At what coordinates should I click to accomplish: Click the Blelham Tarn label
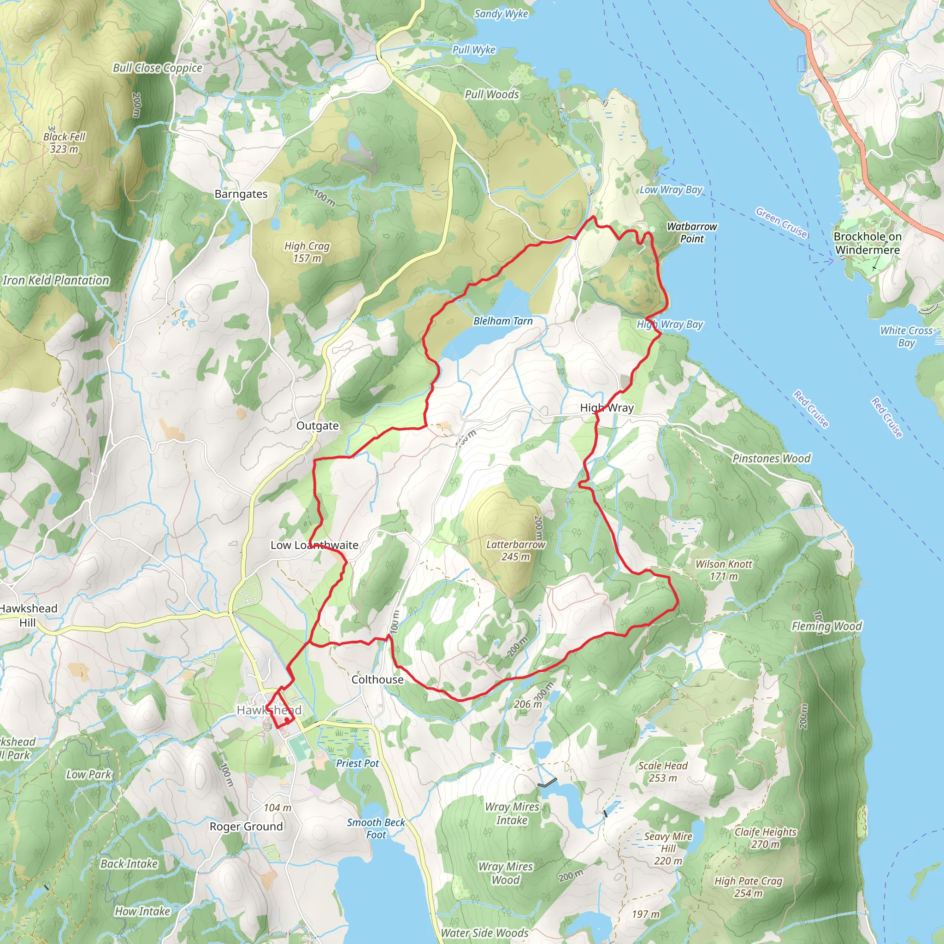503,321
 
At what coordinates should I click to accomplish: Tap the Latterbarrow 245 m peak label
515,550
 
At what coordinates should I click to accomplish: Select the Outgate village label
317,425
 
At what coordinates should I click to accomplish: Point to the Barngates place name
241,194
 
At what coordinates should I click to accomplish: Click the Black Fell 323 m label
64,143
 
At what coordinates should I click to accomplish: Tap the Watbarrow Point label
691,233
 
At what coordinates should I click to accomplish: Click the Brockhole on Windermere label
867,243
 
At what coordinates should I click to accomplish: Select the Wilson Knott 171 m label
723,570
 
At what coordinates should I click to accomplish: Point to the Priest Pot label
357,763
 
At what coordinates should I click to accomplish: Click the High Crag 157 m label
307,252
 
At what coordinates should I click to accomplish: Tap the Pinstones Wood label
771,458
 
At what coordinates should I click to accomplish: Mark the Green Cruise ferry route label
781,222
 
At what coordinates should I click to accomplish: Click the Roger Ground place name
246,826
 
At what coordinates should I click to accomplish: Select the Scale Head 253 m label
662,772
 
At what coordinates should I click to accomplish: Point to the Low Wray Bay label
671,189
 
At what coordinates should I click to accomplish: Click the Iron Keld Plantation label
56,280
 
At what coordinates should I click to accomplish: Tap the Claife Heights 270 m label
765,838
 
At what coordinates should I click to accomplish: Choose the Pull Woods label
491,94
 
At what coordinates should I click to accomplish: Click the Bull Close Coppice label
157,68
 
